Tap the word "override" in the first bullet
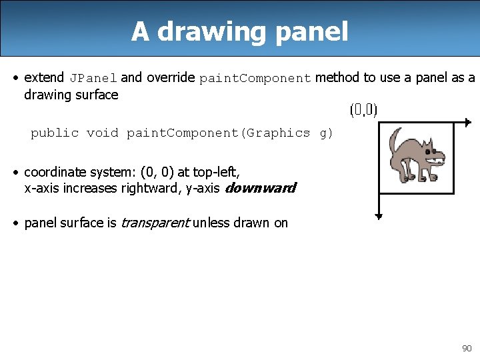170,77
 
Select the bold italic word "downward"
260,188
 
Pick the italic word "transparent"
155,223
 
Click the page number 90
466,348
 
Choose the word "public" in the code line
55,133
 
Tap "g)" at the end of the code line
326,133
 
